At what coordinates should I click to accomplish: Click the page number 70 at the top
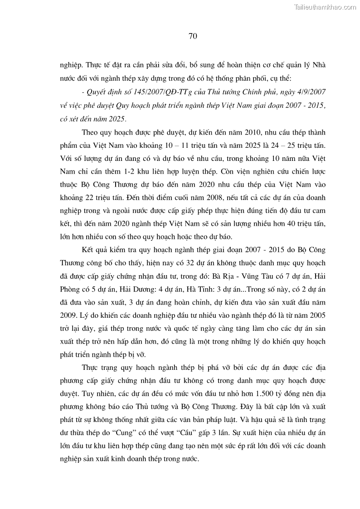point(192,37)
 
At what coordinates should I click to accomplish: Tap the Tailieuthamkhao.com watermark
point(325,7)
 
